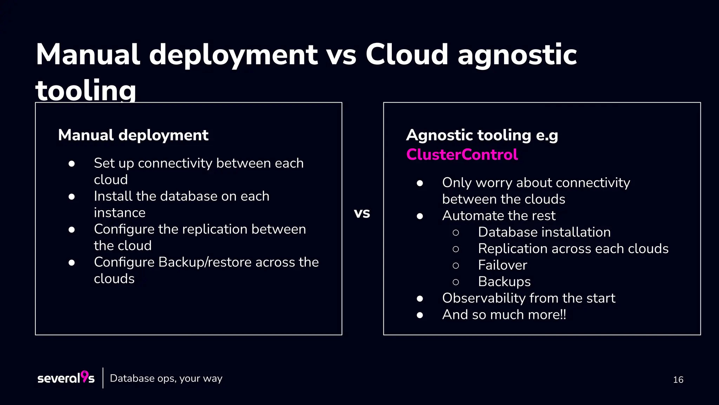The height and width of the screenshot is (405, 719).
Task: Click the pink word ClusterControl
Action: coord(462,155)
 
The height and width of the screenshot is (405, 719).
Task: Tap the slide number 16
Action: coord(678,380)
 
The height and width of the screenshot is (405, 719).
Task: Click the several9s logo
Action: coord(66,378)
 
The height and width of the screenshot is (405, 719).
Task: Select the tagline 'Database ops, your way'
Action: coord(166,378)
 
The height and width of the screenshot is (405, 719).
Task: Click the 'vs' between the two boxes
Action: coord(362,213)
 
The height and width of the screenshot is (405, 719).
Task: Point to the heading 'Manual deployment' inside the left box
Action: coord(133,135)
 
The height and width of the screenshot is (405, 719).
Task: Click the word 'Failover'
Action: coord(502,265)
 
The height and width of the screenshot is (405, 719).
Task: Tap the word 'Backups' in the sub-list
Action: coord(504,282)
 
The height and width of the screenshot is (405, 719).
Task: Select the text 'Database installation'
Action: coord(544,232)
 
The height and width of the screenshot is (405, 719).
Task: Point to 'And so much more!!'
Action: coord(504,315)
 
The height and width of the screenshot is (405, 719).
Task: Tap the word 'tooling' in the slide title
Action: coord(86,90)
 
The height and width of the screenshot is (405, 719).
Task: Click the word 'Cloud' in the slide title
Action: coord(407,54)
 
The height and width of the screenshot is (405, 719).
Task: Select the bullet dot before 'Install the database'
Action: coord(72,197)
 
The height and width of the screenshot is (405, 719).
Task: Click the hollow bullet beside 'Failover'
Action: coord(456,265)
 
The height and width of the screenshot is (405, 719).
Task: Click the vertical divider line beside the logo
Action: coord(103,378)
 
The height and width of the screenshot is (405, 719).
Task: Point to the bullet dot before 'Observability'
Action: coord(420,298)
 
